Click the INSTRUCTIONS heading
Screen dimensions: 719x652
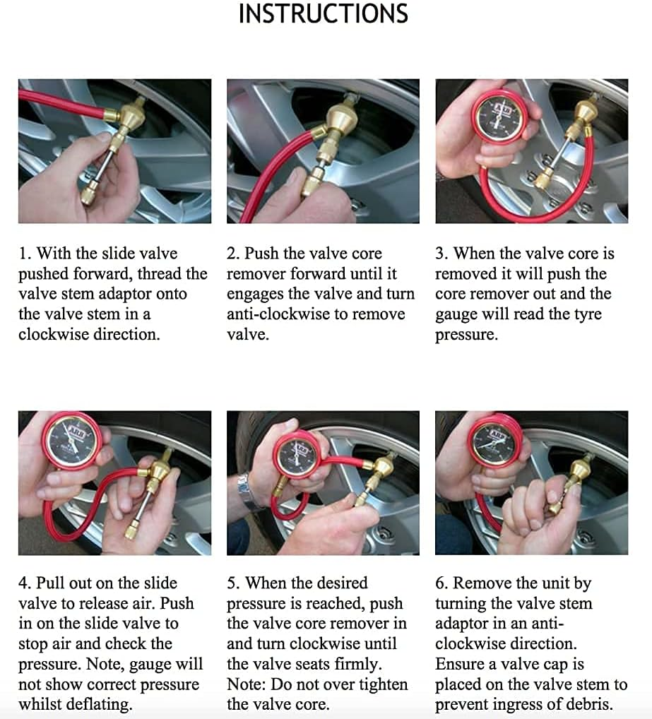click(323, 14)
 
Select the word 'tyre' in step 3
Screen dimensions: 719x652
click(583, 314)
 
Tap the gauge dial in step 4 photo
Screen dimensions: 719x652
click(73, 441)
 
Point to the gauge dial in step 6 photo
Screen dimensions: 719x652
click(498, 441)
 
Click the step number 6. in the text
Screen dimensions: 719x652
click(442, 583)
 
